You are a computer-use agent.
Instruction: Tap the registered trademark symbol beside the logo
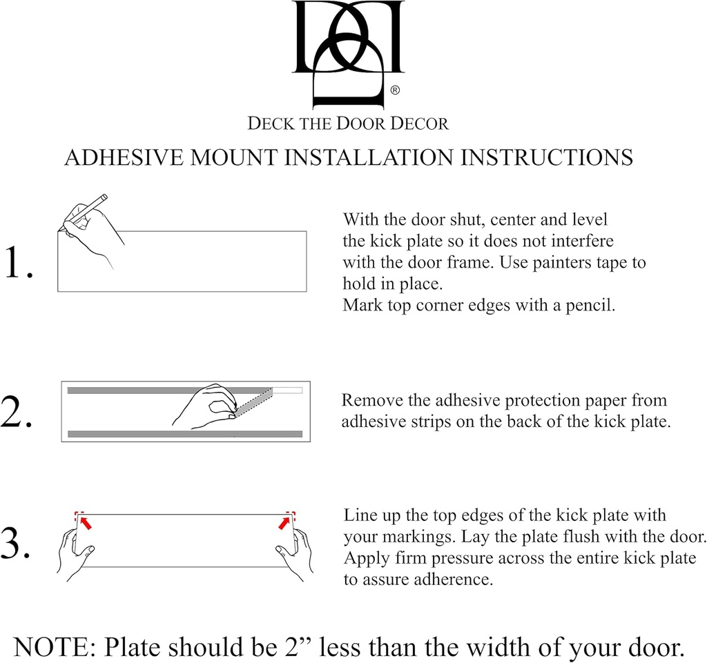pyautogui.click(x=395, y=90)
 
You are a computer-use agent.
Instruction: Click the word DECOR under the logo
pyautogui.click(x=420, y=124)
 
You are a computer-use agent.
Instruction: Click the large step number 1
pyautogui.click(x=19, y=264)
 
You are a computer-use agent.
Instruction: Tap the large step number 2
pyautogui.click(x=17, y=413)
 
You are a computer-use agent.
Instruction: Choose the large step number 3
pyautogui.click(x=17, y=544)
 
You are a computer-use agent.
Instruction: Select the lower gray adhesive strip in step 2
pyautogui.click(x=184, y=434)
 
